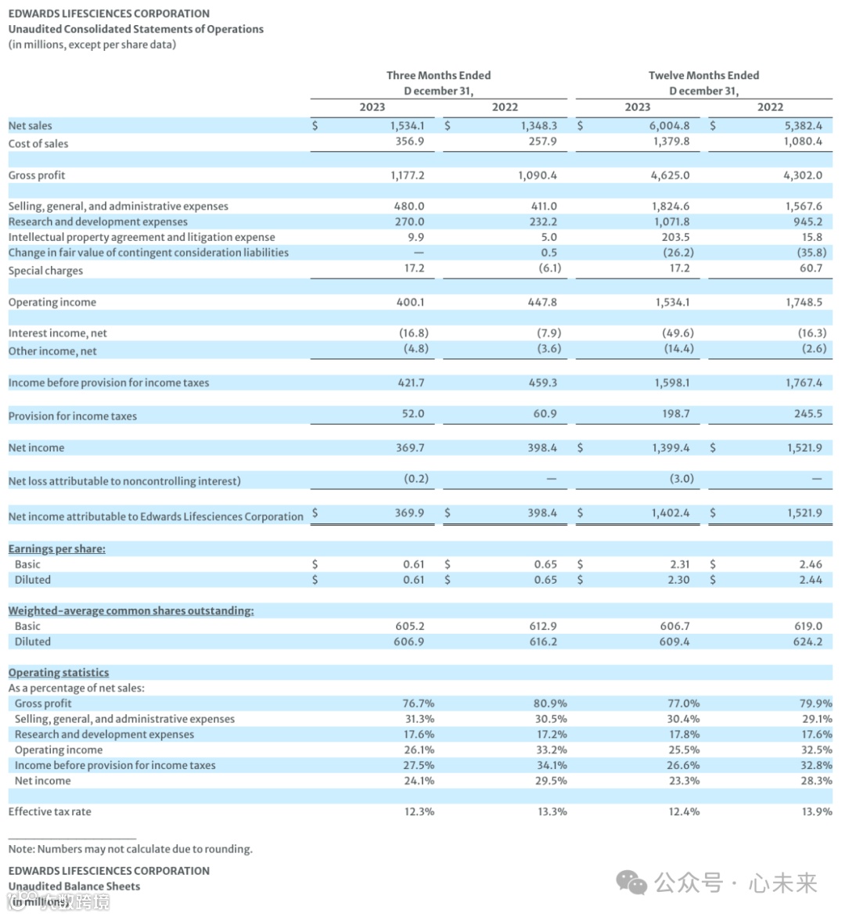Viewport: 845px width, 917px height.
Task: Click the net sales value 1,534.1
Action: [407, 125]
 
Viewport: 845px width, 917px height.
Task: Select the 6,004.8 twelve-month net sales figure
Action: [670, 125]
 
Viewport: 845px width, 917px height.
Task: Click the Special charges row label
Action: [45, 271]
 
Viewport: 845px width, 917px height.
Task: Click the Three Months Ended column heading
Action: [438, 75]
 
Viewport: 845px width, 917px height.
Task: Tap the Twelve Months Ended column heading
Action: [703, 75]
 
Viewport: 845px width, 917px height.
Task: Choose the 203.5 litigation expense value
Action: [675, 237]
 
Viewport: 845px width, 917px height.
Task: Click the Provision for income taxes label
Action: [73, 416]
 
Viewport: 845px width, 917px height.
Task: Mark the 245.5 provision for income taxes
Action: [807, 413]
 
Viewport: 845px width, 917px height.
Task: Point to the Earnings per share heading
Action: [57, 548]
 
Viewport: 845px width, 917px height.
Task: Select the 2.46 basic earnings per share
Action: [811, 564]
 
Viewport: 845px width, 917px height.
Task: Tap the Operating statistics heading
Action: [59, 672]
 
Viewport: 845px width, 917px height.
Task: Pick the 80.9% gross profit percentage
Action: [550, 703]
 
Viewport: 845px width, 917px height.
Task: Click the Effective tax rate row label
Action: [50, 811]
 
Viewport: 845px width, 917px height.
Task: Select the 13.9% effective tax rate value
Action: [817, 811]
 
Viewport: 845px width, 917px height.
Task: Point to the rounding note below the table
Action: [131, 849]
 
